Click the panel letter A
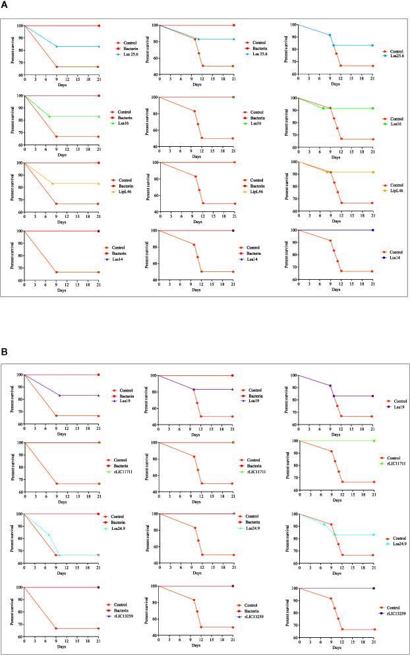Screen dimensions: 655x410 coord(5,6)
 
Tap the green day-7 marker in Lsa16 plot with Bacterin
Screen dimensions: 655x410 coord(49,117)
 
